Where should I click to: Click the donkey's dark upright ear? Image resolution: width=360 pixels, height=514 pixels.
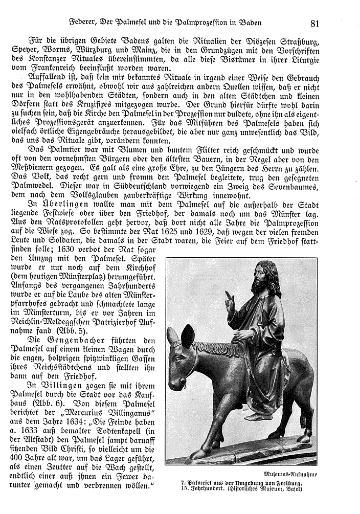[x=188, y=336]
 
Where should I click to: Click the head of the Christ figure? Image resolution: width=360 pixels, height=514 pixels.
[x=266, y=276]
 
